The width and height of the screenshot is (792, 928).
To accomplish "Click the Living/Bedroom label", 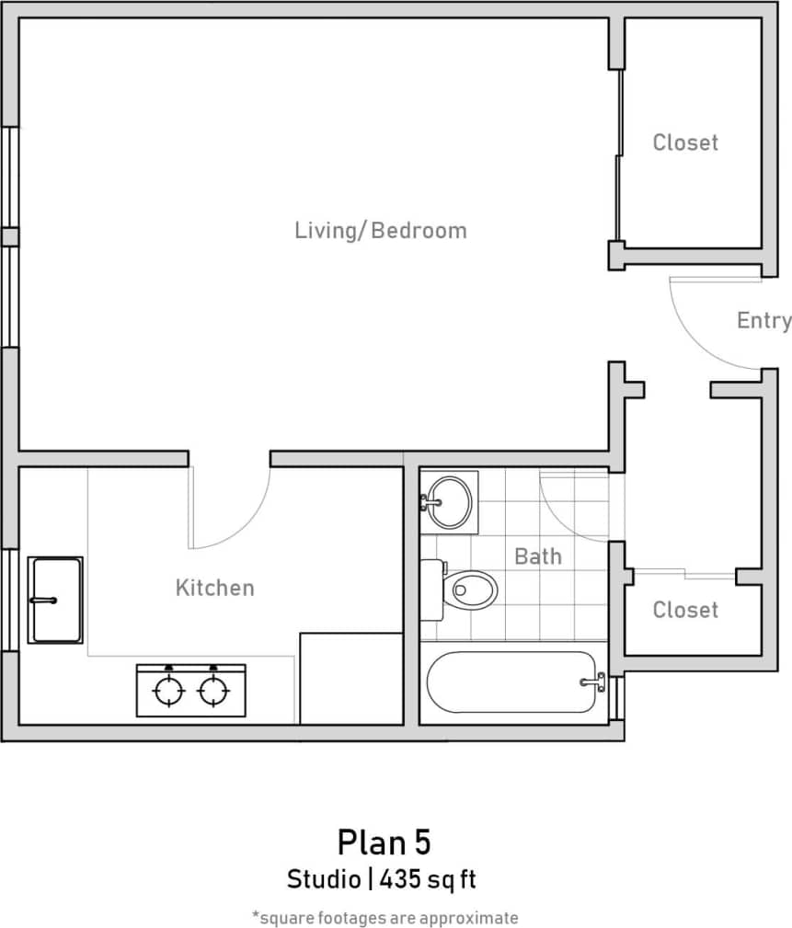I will click(380, 230).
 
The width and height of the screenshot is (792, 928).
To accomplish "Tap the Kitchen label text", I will click(214, 588).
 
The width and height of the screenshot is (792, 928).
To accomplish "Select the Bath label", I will click(537, 556).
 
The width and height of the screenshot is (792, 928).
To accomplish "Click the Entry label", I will click(763, 320).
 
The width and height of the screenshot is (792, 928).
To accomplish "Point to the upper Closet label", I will click(685, 143).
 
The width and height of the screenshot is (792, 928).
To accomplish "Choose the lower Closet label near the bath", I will click(685, 610).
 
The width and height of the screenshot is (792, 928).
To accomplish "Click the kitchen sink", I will click(55, 600).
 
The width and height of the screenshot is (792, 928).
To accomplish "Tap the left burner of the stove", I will click(168, 691).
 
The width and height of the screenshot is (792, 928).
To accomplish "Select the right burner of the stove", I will click(213, 691).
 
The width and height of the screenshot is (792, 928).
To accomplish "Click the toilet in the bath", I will click(470, 589).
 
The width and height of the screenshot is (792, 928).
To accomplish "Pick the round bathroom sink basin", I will click(450, 502).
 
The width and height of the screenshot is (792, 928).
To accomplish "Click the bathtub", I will click(511, 682).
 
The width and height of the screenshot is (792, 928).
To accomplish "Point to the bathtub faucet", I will click(593, 682).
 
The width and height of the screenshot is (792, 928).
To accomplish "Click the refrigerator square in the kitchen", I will click(351, 678).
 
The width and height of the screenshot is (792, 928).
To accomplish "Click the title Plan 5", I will click(384, 842).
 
